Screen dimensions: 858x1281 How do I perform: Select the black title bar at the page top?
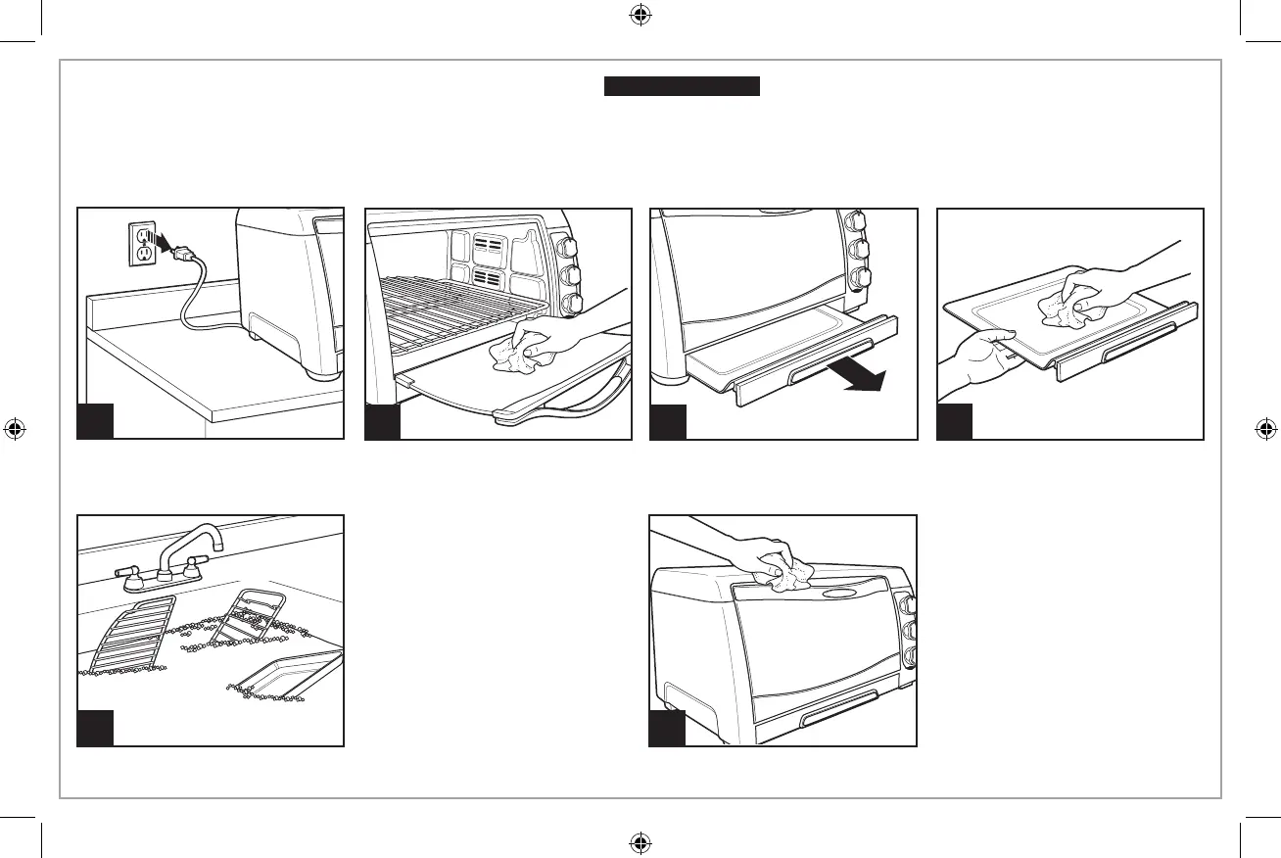point(682,87)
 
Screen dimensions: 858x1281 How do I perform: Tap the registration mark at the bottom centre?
point(640,841)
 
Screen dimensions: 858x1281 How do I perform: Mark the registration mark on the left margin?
point(15,429)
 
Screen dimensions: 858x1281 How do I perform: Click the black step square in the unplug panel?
point(96,421)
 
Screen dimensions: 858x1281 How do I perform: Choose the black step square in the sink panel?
point(96,729)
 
